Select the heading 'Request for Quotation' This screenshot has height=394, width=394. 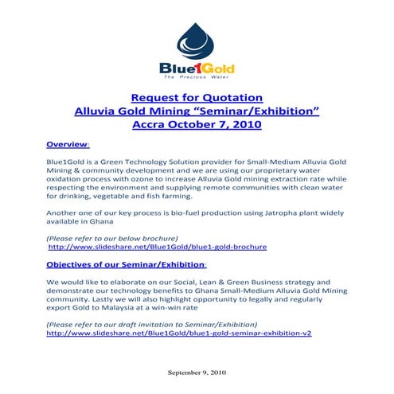(196, 97)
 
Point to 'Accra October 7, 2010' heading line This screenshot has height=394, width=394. (196, 127)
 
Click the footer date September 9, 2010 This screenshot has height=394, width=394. (197, 373)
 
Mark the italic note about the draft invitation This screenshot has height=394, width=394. (152, 325)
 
